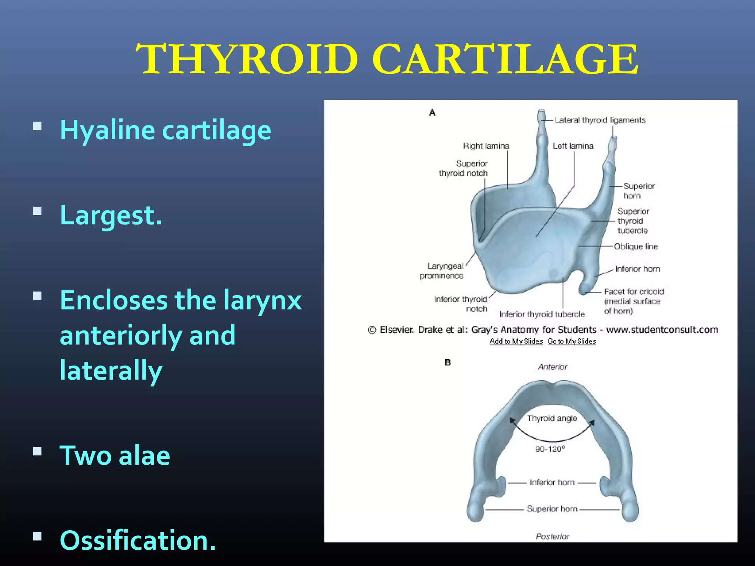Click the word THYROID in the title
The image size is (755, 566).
pos(247,59)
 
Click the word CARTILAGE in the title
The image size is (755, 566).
pos(505,59)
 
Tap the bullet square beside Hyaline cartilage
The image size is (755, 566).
pos(37,126)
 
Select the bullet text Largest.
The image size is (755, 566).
pos(111,215)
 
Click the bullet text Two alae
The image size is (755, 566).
pos(115,455)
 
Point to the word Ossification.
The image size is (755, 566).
pos(138,540)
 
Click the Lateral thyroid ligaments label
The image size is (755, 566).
pos(600,120)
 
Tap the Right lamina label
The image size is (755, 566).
pos(486,146)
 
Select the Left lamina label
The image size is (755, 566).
pos(573,146)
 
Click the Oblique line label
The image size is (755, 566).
pos(636,247)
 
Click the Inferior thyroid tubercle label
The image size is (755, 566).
pos(542,314)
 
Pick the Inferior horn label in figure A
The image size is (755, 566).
pos(637,269)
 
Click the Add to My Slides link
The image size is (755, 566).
pos(516,341)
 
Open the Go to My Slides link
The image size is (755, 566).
pos(572,341)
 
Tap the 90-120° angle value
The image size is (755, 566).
pos(550,449)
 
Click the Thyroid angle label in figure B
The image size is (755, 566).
pos(552,418)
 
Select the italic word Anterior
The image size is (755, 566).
pos(552,367)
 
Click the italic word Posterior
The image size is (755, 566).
pos(552,537)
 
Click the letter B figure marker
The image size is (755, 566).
pos(448,363)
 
